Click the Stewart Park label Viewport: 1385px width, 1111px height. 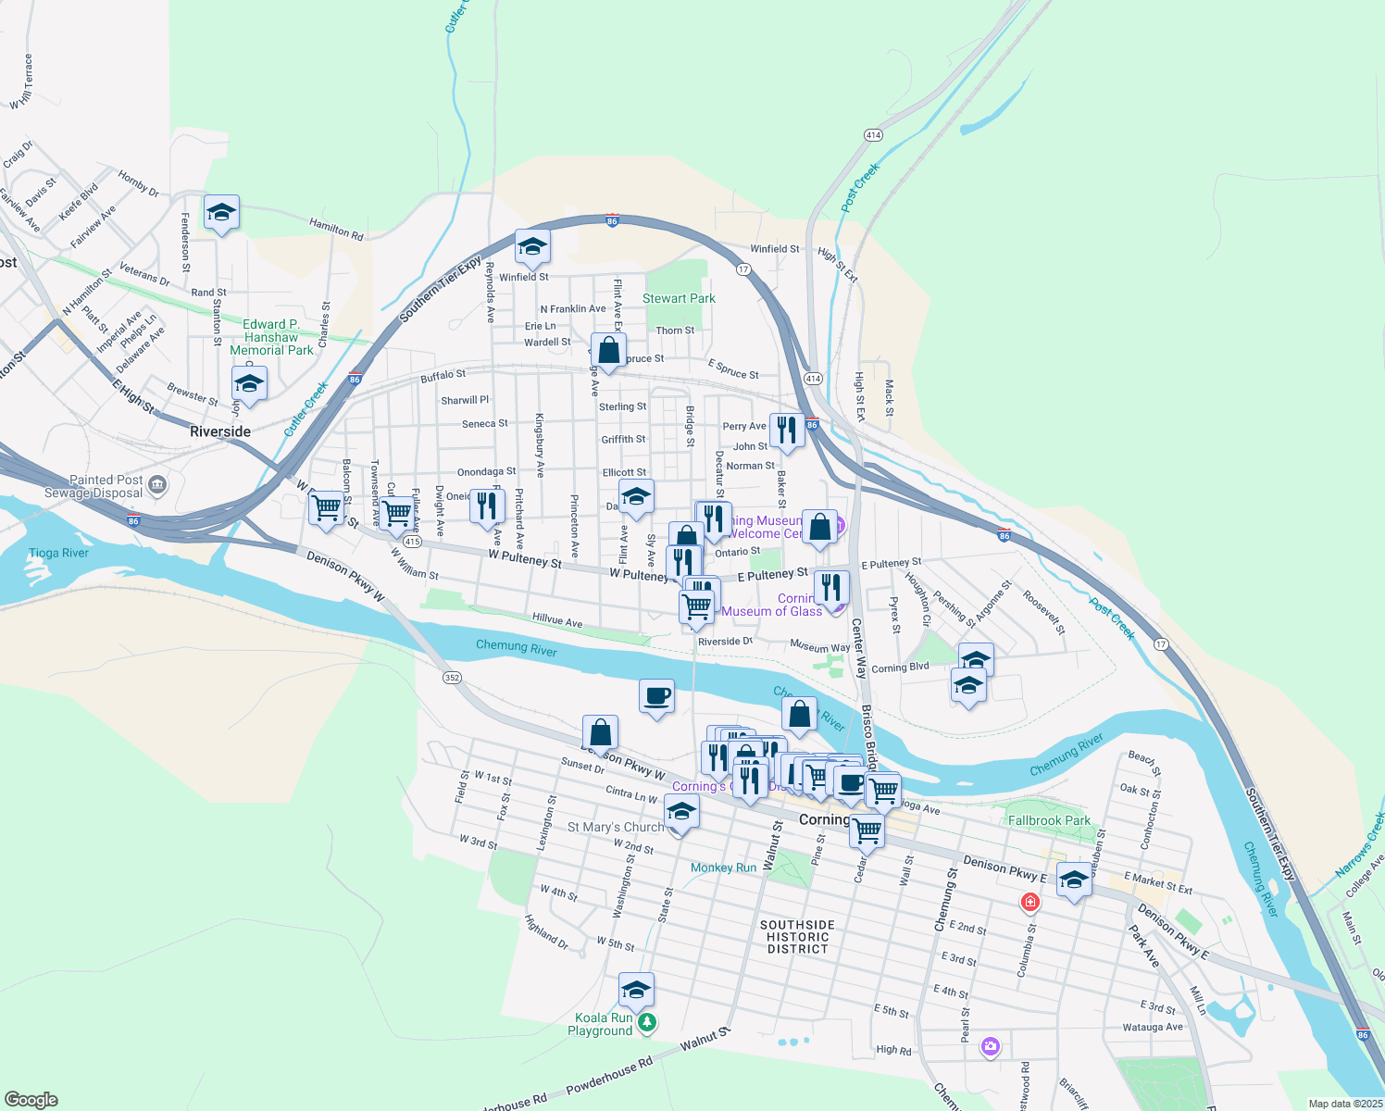pos(679,298)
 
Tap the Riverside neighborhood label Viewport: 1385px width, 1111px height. pos(220,431)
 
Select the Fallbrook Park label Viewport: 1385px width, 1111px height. pos(1049,820)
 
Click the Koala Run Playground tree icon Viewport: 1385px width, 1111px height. pos(648,1023)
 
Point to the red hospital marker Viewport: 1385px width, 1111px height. pos(1029,902)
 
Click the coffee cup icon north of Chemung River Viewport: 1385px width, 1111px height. pos(656,696)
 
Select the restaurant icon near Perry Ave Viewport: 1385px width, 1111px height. pos(786,431)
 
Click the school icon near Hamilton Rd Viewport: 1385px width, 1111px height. pos(221,214)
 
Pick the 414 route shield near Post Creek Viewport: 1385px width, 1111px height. pos(872,135)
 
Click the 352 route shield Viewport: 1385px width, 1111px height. pos(452,678)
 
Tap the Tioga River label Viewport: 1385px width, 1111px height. pos(58,553)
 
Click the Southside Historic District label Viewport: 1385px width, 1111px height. pos(797,937)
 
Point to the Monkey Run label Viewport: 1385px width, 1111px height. pos(724,868)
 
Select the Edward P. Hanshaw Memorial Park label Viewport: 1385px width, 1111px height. pos(271,337)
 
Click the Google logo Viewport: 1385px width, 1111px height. pos(31,1099)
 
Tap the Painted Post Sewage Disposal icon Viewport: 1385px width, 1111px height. pos(157,484)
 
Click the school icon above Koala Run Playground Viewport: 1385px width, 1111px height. pos(636,991)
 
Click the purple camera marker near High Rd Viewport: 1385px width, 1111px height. pos(991,1046)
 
